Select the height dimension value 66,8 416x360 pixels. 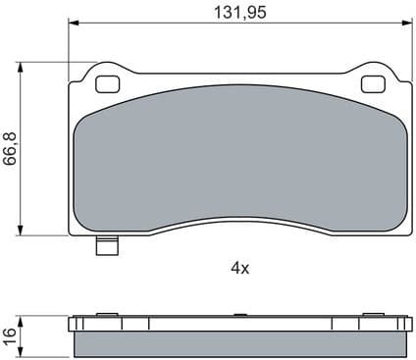[x=11, y=148]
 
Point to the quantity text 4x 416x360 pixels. [x=239, y=267]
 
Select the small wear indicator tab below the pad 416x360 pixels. [x=106, y=247]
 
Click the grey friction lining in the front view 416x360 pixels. [x=239, y=157]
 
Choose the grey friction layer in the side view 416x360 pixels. [x=239, y=342]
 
